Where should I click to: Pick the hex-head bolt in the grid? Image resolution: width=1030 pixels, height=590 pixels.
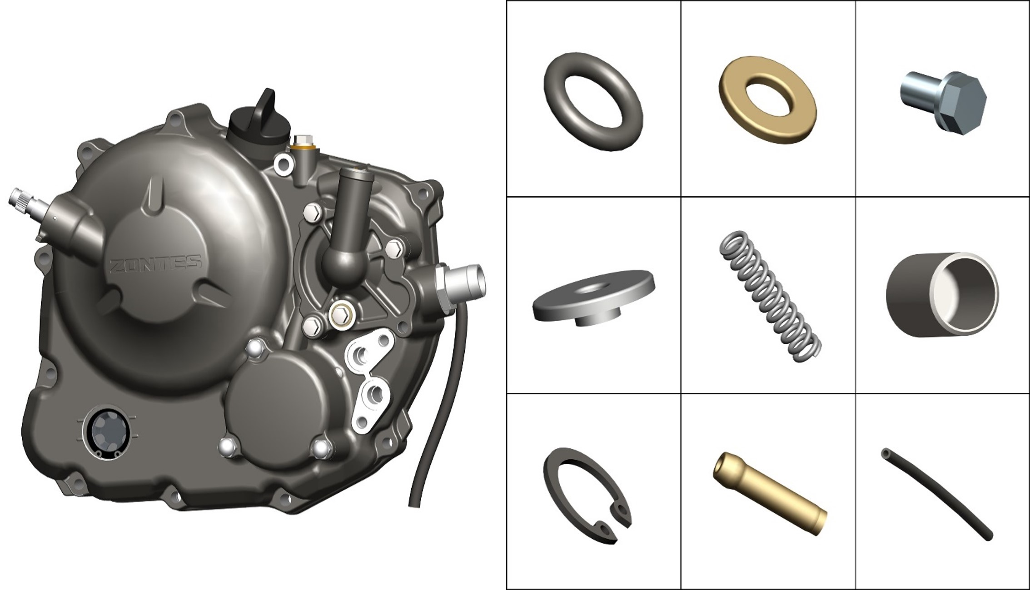coord(943,102)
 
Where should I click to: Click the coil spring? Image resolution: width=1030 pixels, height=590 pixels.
coord(770,296)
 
